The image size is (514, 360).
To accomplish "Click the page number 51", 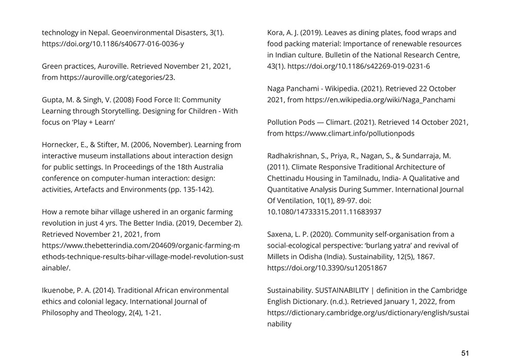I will (465, 353).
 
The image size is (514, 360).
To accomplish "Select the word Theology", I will (123, 313).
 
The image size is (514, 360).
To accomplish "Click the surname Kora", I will (276, 32).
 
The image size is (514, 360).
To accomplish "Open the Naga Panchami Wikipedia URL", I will (380, 100).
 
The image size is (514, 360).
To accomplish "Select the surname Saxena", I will (280, 234).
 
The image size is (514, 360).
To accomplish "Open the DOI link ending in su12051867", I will (327, 268).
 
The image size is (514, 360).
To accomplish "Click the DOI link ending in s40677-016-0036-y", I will (113, 44).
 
